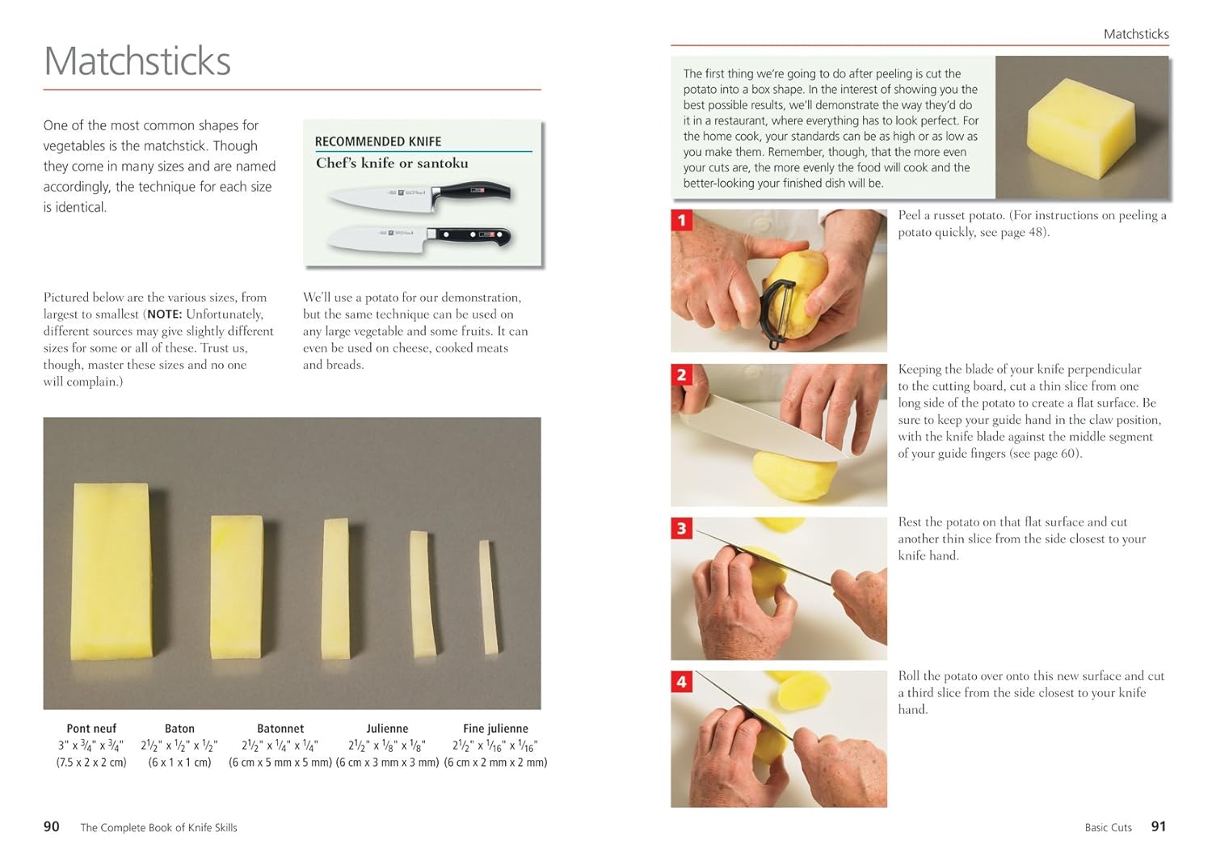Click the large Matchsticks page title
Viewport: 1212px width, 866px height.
[137, 61]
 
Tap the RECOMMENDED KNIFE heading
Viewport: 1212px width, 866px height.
[378, 142]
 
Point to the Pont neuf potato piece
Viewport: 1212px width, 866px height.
[112, 572]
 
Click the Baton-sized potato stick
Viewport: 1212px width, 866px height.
[237, 587]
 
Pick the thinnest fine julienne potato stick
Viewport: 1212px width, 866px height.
[489, 597]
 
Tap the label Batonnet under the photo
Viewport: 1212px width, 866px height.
[280, 729]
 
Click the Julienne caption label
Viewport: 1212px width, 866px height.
[387, 729]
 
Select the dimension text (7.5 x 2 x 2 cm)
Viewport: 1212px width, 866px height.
[91, 763]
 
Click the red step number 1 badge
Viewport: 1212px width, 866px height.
[682, 220]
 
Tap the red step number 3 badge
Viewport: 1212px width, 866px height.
[682, 528]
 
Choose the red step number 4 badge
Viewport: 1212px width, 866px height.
[682, 682]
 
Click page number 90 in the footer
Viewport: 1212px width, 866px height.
[52, 826]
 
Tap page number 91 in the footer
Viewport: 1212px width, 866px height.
[1159, 826]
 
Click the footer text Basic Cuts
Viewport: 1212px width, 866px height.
[1108, 827]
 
